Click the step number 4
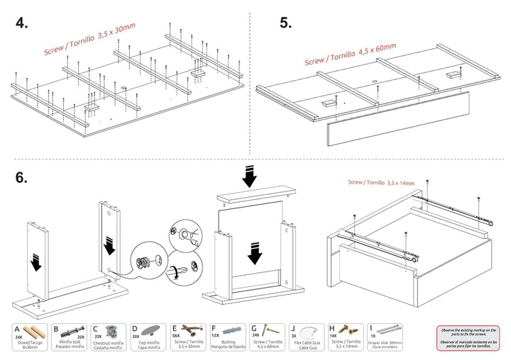click(x=22, y=23)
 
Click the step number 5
click(x=286, y=23)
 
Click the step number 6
click(x=22, y=177)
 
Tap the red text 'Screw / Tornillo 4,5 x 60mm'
click(x=351, y=55)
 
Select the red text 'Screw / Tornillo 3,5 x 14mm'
click(x=382, y=182)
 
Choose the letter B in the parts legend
click(x=55, y=328)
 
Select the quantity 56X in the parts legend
click(x=177, y=337)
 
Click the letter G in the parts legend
click(x=253, y=328)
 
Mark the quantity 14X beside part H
click(x=334, y=337)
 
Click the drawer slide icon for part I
click(x=388, y=331)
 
